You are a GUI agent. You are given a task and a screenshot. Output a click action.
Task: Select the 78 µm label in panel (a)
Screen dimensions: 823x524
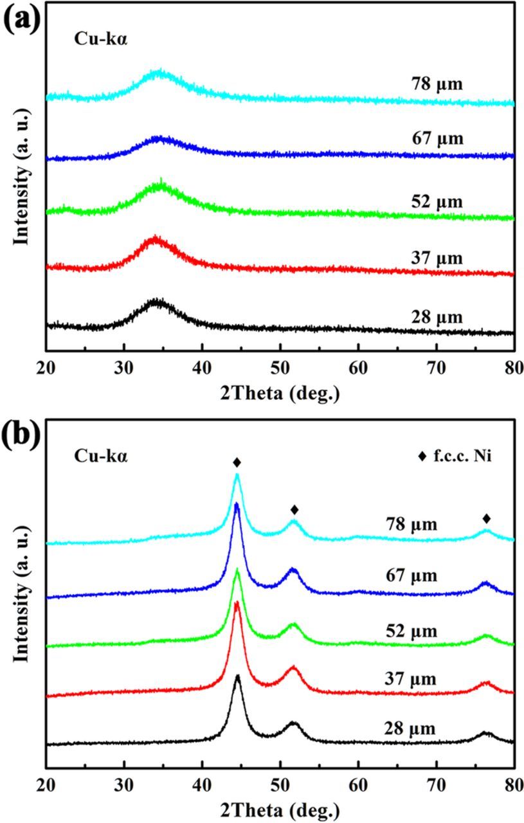[437, 83]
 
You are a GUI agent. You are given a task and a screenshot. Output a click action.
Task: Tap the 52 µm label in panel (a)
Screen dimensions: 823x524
[437, 202]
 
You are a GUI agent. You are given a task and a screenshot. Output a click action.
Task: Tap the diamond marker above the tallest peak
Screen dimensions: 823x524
[237, 462]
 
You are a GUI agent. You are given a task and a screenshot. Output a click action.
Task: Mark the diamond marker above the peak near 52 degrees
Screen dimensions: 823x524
[294, 510]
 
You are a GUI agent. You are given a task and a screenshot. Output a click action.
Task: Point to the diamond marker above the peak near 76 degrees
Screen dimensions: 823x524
[486, 518]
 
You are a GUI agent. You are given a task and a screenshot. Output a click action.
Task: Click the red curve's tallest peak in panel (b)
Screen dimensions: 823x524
[237, 603]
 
